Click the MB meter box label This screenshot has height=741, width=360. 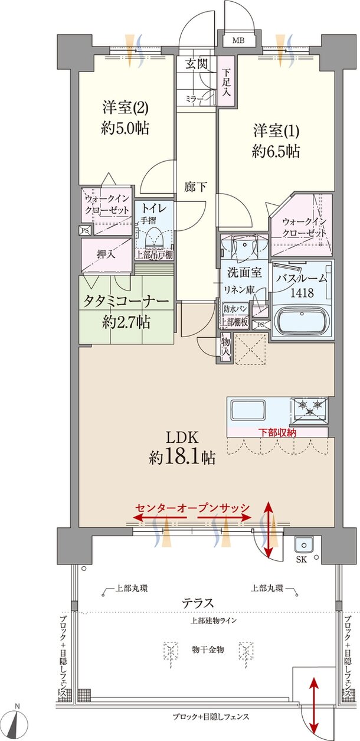(x=238, y=41)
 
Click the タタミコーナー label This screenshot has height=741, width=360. (x=126, y=301)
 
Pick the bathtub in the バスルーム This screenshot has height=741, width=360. (x=302, y=322)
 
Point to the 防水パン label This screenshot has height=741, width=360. (x=234, y=309)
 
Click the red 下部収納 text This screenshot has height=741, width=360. (x=277, y=433)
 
